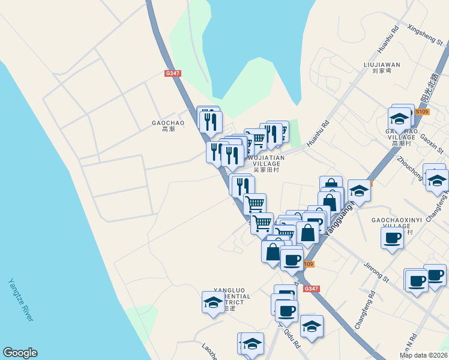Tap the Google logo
click(x=20, y=353)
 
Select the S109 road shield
click(x=423, y=112)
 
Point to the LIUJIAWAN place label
click(x=382, y=64)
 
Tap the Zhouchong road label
click(x=411, y=169)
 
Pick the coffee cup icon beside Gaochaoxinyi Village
click(x=392, y=238)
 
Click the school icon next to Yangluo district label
click(x=213, y=302)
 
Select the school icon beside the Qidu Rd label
click(x=312, y=326)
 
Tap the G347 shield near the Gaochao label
click(x=172, y=73)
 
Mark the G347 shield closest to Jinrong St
click(x=311, y=289)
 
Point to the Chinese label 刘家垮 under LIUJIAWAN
click(x=382, y=71)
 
